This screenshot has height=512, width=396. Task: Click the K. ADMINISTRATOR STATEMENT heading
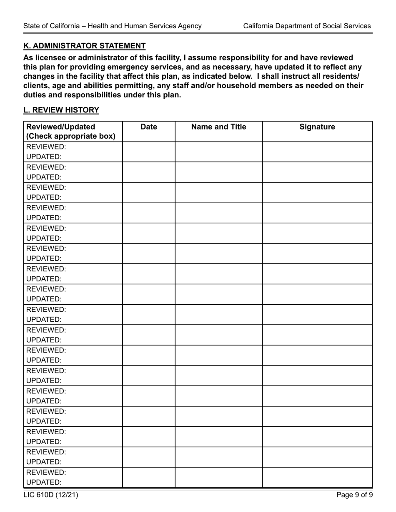click(84, 46)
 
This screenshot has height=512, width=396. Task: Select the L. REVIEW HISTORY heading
click(61, 110)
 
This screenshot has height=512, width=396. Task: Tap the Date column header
click(149, 127)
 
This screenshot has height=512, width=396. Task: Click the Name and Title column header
click(218, 127)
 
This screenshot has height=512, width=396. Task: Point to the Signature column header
click(317, 127)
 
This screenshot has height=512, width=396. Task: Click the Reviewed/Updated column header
click(61, 127)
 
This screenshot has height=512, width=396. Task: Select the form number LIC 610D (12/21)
click(51, 495)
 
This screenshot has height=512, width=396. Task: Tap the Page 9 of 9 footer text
click(354, 495)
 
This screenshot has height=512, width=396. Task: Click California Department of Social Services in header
click(307, 26)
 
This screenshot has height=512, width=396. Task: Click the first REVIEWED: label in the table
click(46, 147)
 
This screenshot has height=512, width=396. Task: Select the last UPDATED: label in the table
click(44, 482)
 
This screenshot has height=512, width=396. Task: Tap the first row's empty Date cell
click(149, 152)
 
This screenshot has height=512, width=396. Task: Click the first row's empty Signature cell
click(317, 152)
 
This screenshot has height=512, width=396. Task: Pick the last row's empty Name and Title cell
click(218, 477)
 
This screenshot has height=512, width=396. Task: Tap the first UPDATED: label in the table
click(44, 157)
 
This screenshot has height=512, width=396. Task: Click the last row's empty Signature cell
click(317, 477)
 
